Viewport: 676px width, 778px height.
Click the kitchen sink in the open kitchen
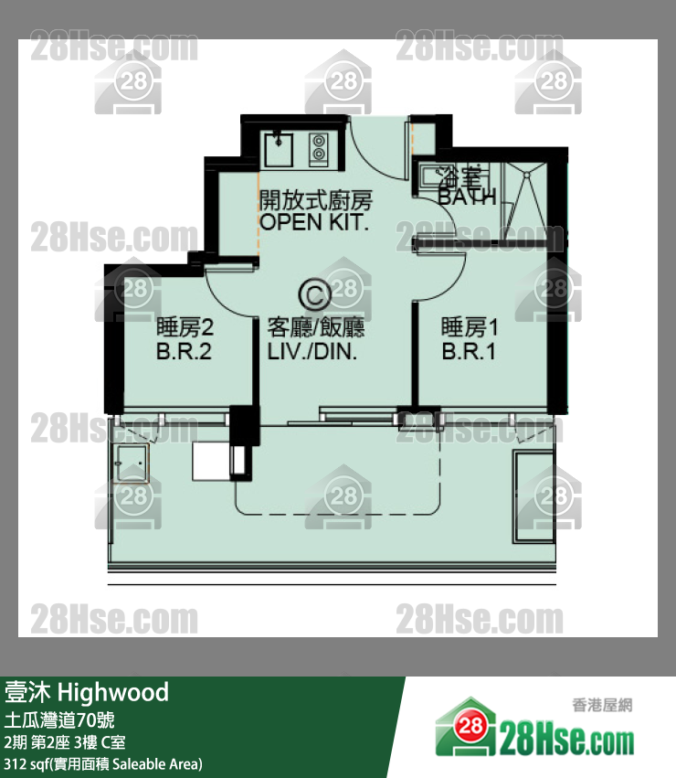tap(279, 148)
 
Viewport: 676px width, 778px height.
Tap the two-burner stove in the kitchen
tap(319, 148)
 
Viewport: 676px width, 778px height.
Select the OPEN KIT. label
tap(314, 222)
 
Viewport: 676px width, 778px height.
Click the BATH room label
tap(467, 197)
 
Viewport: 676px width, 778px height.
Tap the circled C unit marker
tap(314, 294)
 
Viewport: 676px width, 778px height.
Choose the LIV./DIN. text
tap(312, 351)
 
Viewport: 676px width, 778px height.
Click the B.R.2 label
tap(184, 351)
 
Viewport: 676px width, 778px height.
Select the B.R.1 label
tap(469, 351)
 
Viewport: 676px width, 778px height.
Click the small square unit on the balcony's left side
tap(132, 464)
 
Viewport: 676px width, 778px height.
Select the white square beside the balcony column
tap(211, 462)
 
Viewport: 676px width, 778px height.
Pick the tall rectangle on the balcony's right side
tap(534, 496)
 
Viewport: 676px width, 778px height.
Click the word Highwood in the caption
tap(113, 692)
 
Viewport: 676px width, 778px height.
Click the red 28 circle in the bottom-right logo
tap(470, 726)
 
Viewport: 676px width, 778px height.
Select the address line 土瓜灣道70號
tap(59, 719)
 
